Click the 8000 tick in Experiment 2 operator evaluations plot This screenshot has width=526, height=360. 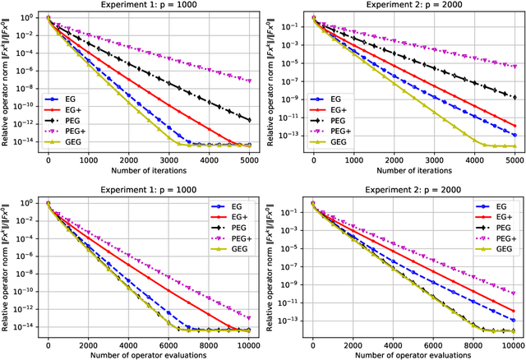click(x=473, y=345)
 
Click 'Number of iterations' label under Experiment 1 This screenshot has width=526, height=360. click(x=149, y=172)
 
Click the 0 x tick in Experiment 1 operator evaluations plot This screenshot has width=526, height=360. click(x=48, y=345)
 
